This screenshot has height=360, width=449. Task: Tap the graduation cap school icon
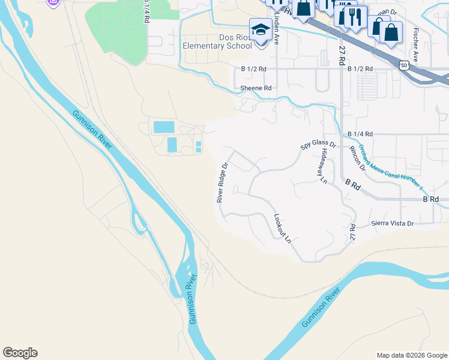point(261,29)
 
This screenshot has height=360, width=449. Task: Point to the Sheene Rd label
point(256,88)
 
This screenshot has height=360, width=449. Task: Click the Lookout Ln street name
point(282,229)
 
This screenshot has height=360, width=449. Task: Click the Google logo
point(20,352)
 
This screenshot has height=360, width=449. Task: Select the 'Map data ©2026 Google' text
point(411,355)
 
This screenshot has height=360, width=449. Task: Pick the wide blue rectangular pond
point(164,127)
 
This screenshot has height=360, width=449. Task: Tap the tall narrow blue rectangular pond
point(172,145)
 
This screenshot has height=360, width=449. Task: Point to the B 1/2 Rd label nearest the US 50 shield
point(360,69)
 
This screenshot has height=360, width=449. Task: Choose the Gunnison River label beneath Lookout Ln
point(321,307)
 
